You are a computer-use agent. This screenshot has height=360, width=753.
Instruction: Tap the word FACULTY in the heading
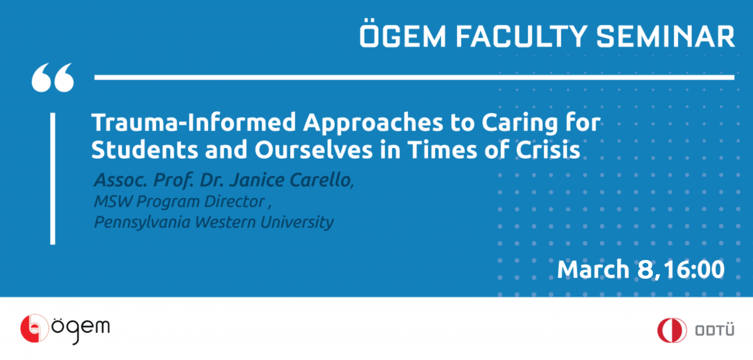coord(521,36)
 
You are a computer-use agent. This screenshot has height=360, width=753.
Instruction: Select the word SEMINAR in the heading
coord(665,36)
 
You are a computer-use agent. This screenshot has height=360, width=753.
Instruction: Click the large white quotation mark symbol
coord(53,77)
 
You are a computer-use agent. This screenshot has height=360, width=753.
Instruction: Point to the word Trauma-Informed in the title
coord(194,122)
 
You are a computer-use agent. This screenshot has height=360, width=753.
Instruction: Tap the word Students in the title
coord(145,149)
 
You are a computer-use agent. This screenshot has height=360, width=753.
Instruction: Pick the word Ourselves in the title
coord(314,149)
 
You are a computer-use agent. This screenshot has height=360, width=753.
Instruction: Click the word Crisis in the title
coord(548,149)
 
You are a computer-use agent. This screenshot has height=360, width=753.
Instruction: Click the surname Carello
coord(321,180)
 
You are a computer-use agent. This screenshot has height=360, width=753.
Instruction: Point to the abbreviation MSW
coord(114,202)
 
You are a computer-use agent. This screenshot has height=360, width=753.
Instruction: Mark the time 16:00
coord(695,269)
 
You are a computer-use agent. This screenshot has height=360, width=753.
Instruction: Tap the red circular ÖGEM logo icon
coord(34,328)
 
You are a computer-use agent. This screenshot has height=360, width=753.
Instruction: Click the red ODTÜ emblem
coord(672,331)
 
